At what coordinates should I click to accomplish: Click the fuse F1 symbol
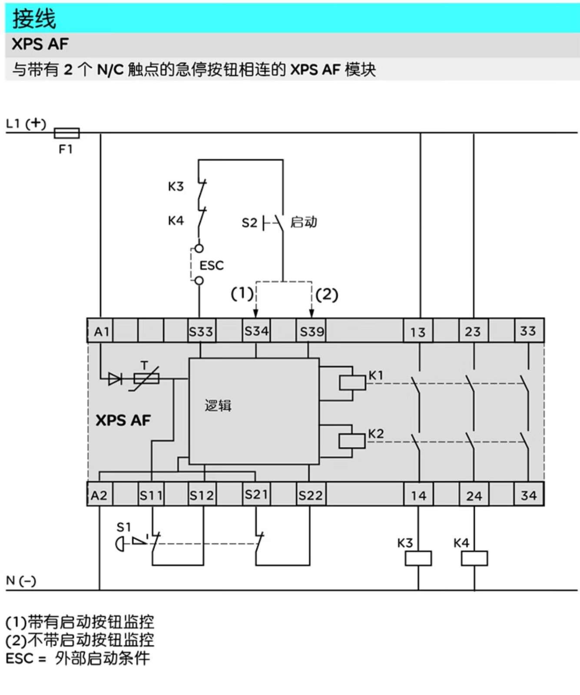[x=66, y=132]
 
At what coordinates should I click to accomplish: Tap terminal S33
[x=201, y=331]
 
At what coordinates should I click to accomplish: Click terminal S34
[x=256, y=331]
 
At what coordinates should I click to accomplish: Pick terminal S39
[x=312, y=331]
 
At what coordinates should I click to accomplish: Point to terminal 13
[x=418, y=332]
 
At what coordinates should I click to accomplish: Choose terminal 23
[x=473, y=331]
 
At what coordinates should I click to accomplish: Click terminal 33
[x=528, y=331]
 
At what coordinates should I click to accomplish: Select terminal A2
[x=99, y=495]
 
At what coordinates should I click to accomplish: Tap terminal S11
[x=151, y=495]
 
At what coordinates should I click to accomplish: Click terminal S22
[x=310, y=495]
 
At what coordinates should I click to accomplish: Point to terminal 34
[x=529, y=495]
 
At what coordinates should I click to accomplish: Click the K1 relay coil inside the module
[x=352, y=383]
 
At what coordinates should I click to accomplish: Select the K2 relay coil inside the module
[x=352, y=441]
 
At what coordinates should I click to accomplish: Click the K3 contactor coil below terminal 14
[x=418, y=558]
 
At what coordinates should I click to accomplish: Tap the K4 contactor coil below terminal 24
[x=474, y=558]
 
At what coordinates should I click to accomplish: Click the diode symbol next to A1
[x=115, y=379]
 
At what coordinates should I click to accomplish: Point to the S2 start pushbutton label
[x=249, y=223]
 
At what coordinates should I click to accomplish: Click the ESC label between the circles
[x=212, y=265]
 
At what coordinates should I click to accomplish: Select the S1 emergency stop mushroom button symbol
[x=120, y=544]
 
